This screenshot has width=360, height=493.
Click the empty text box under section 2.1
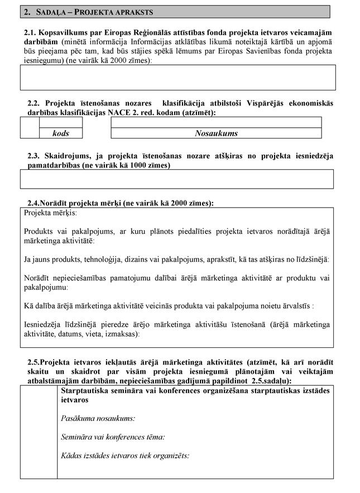(x=177, y=77)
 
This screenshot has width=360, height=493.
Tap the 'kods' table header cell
(x=61, y=133)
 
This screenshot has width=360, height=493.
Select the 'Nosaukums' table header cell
(x=216, y=133)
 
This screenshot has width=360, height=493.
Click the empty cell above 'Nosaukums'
(x=216, y=122)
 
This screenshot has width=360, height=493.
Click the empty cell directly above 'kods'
(x=61, y=122)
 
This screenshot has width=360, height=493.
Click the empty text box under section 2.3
(x=177, y=179)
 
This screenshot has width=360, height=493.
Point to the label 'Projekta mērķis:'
(x=51, y=213)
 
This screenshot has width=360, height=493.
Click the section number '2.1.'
(x=32, y=33)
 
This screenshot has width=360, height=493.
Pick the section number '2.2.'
(x=35, y=104)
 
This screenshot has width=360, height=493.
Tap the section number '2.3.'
(x=35, y=156)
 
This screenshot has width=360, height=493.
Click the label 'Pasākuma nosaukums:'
(x=98, y=418)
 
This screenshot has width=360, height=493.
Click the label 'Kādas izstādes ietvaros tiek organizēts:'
(x=125, y=456)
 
